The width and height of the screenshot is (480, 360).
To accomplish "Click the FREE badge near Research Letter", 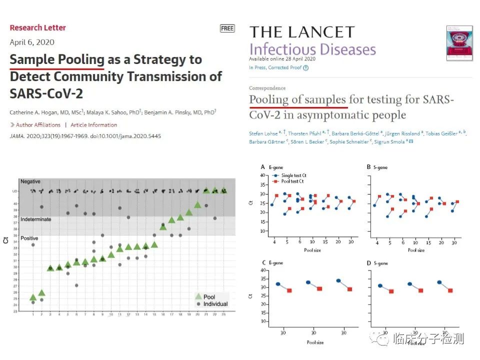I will click(x=227, y=28).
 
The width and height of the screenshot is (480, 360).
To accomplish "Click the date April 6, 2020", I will click(x=32, y=42).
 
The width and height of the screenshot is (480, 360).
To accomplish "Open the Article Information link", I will click(x=93, y=125).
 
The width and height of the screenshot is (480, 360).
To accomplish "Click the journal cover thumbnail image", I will click(x=459, y=43).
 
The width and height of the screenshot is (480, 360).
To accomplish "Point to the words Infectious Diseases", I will click(x=312, y=50).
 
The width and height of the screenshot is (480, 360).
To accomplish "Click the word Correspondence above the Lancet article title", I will click(x=267, y=88).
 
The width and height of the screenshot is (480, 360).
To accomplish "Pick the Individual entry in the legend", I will click(x=215, y=304).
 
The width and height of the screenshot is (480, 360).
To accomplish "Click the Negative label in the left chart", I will click(x=30, y=181).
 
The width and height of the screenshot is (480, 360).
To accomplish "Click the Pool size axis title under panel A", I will click(x=313, y=249).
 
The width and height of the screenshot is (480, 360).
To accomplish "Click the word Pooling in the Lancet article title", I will click(x=268, y=99).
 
